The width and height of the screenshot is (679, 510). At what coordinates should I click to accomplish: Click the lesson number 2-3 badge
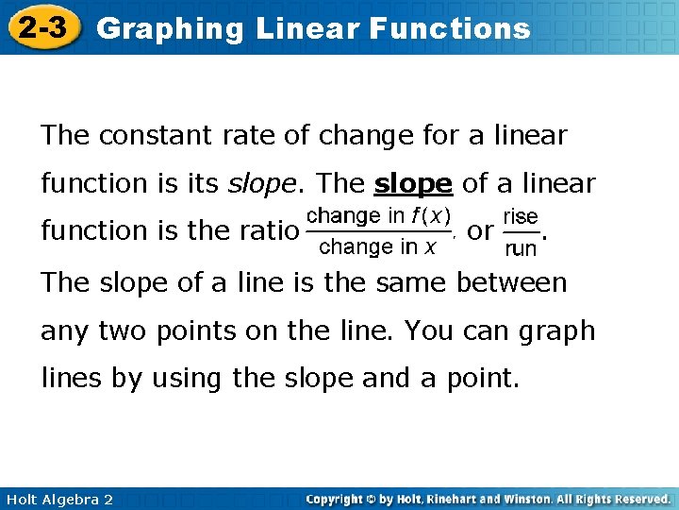[43, 28]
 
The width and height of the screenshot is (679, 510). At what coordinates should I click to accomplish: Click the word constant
[152, 136]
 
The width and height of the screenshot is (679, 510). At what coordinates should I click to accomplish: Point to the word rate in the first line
[248, 136]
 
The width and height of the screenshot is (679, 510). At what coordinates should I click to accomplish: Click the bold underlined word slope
[414, 182]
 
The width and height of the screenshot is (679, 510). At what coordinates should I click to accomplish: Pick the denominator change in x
[377, 247]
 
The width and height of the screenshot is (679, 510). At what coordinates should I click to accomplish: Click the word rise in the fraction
[521, 216]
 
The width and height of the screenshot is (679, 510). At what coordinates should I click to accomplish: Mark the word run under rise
[521, 249]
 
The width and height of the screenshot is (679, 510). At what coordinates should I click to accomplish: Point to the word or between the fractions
[480, 230]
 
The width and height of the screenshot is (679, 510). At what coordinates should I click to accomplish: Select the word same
[408, 282]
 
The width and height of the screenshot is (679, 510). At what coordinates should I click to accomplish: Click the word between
[512, 282]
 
